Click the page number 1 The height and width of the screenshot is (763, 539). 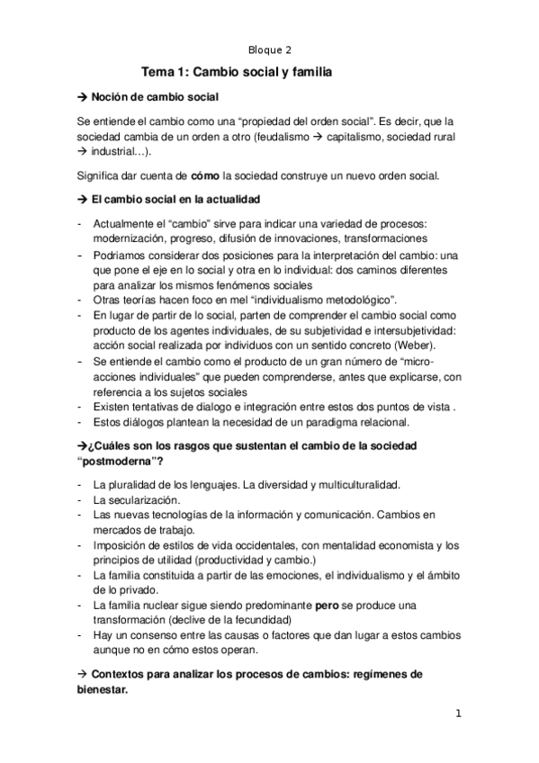pyautogui.click(x=458, y=714)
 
